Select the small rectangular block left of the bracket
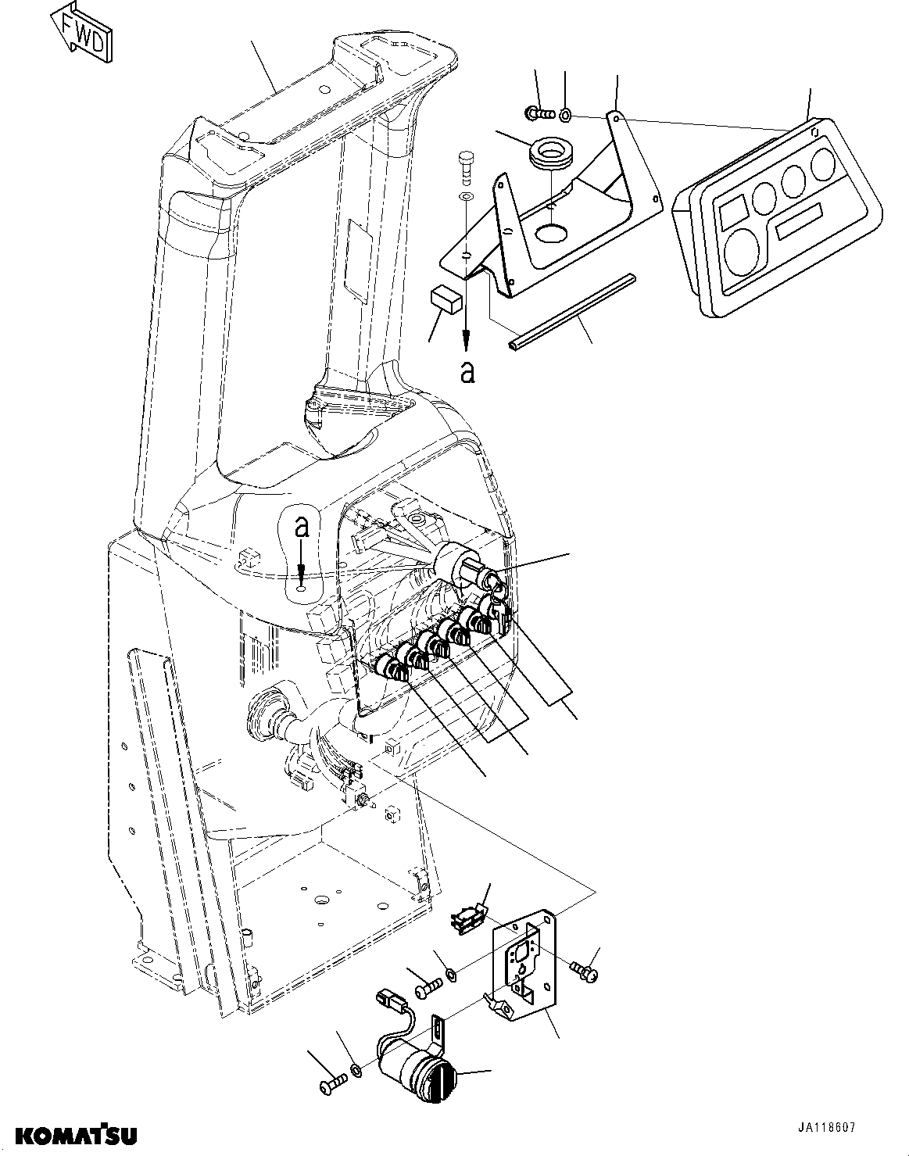pos(446,299)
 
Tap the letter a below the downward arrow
pos(467,373)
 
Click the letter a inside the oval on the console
pos(302,528)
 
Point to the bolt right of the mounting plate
pos(585,971)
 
